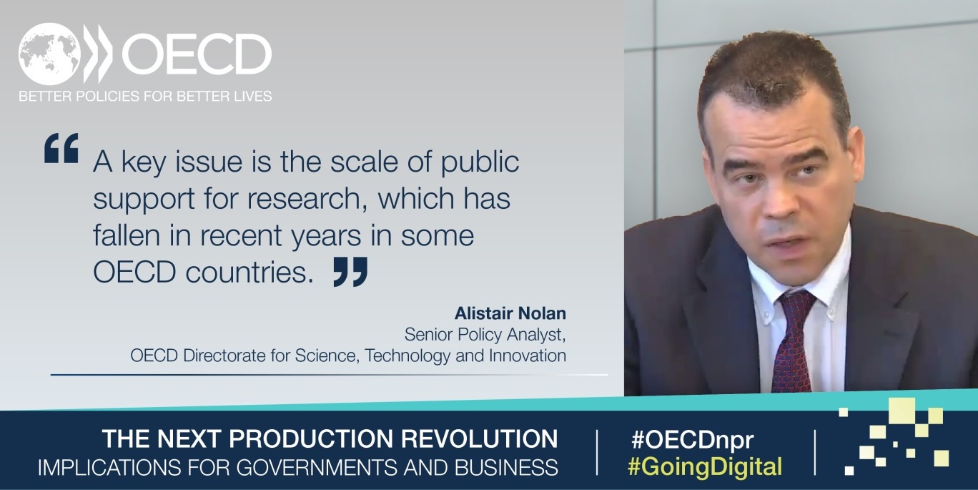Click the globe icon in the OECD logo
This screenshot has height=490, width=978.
coord(49,54)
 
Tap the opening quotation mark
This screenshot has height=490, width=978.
coord(61,148)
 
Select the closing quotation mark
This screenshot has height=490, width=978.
coord(350,272)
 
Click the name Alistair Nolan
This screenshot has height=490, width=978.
coord(510,313)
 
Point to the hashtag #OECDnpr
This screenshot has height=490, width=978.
coord(692,439)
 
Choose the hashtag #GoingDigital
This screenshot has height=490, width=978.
coord(705,466)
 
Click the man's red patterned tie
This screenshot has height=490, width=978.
coord(792,340)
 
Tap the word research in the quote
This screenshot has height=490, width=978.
coord(304,199)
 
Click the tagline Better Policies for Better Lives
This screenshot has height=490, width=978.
coord(145,96)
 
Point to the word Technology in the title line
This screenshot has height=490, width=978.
coord(407,356)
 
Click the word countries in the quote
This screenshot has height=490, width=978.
coord(250,273)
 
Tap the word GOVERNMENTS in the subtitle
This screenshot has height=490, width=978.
coord(318,467)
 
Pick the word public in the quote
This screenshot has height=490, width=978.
coord(480,162)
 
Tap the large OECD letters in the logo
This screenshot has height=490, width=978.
coord(197,54)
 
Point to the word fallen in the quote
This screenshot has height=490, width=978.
coord(127,235)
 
